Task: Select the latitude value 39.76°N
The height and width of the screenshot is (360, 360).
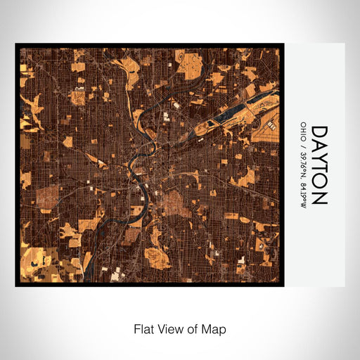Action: coord(302,161)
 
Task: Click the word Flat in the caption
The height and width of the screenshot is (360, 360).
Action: coord(143,328)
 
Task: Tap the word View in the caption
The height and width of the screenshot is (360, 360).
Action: coord(170,328)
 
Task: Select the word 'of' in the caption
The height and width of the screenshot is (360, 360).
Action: coord(193,328)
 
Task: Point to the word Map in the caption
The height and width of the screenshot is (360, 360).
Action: coord(214,328)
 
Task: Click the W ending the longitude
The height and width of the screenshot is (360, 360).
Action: coord(302,202)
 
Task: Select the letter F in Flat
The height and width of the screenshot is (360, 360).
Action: coord(136,328)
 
